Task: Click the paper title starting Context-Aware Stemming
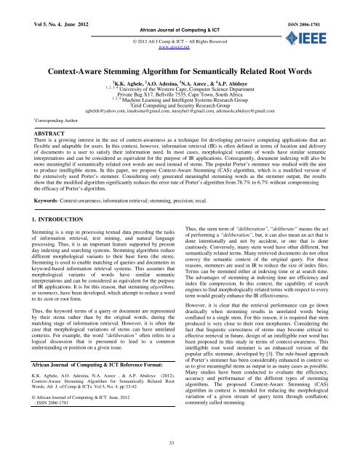point(179,52)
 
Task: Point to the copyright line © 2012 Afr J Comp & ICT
point(180,31)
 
